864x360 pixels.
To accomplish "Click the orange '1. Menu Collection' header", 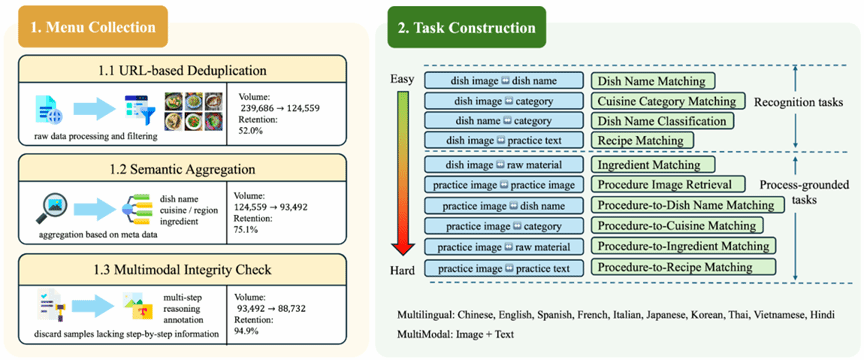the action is [x=93, y=26].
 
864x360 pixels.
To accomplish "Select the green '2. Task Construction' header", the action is [x=466, y=27].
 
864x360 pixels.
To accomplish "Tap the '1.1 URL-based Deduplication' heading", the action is [x=182, y=70].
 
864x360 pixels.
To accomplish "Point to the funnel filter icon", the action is [x=140, y=109].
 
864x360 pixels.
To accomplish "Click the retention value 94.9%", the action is [x=246, y=331].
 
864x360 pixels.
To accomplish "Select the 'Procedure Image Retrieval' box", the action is [x=669, y=184].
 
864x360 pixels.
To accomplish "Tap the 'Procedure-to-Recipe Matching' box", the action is [x=683, y=267].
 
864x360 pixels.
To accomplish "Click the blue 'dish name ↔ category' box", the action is [x=504, y=121].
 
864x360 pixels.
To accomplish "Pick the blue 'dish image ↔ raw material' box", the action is [x=504, y=164].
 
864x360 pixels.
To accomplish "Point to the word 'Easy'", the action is [x=402, y=79].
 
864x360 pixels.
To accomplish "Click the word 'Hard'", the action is [x=403, y=271].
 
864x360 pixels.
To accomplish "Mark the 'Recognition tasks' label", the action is [x=798, y=103].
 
